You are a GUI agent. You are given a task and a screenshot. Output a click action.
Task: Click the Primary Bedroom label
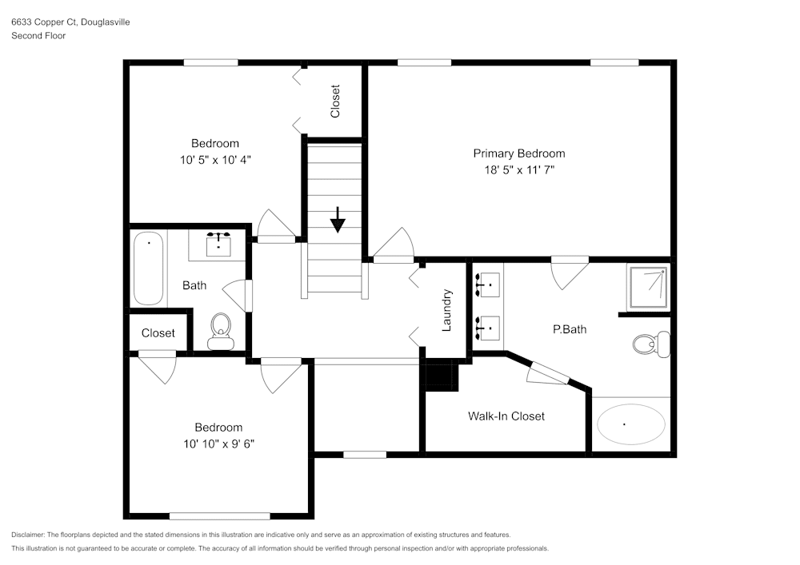tap(518, 153)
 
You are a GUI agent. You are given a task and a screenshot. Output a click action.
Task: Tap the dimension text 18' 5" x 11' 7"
tap(518, 170)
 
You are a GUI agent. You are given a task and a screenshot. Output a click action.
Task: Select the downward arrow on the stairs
tap(338, 219)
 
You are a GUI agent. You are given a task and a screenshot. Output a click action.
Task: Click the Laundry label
tap(447, 310)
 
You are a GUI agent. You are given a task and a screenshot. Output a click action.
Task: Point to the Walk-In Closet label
tap(506, 416)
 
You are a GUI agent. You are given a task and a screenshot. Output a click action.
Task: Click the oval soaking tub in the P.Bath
tap(631, 424)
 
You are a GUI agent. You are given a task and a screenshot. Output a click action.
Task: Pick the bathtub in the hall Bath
tap(149, 269)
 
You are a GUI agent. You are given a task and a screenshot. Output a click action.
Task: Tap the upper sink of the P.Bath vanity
tap(486, 284)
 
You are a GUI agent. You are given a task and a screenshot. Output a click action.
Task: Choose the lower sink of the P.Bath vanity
tap(486, 327)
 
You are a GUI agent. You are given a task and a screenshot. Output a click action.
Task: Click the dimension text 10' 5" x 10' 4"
tap(214, 160)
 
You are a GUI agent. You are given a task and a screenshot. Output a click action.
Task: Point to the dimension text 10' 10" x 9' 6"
tap(218, 444)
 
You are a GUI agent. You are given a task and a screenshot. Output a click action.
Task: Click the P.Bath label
tap(570, 328)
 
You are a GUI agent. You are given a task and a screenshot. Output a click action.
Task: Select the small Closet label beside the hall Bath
tap(158, 333)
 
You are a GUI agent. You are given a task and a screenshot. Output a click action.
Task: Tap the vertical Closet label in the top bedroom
tap(335, 101)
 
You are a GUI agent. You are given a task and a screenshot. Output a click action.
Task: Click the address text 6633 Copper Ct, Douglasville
tap(70, 22)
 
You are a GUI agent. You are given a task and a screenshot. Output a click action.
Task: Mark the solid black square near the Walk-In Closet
tap(440, 376)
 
